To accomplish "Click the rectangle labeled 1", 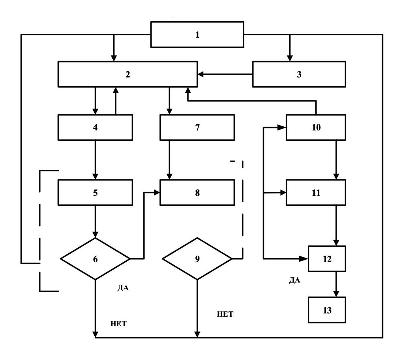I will pos(197,35).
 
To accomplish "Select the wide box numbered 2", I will pos(128,74).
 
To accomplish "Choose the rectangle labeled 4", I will pos(95,128).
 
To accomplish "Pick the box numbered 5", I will pos(95,192).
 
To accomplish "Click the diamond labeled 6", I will pos(95,259).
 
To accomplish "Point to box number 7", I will pos(197,128).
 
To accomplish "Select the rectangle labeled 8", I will pos(197,192).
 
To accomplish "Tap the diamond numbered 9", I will pos(197,259).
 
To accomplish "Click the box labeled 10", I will pos(316,128).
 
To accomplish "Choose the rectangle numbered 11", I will pos(316,192).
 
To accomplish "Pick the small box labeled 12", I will pos(327,259).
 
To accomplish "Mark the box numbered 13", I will pos(327,309).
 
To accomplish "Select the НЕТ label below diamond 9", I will pos(225,314).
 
